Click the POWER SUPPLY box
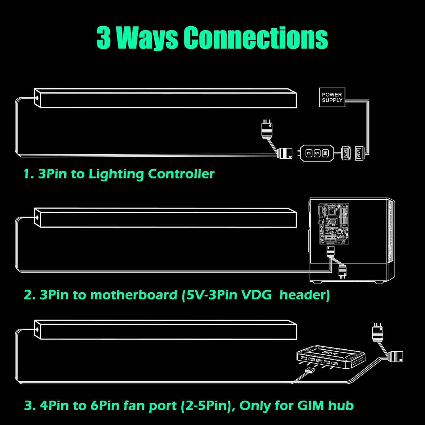point(332,97)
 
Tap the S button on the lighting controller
point(317,153)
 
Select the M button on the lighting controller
point(325,153)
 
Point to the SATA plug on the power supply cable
point(359,153)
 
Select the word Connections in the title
point(256,37)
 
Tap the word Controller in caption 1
point(181,174)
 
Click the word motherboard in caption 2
point(134,295)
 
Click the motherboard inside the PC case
point(334,224)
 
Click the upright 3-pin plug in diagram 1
point(267,129)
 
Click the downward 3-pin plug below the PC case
point(343,272)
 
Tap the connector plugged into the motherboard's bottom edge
point(330,251)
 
